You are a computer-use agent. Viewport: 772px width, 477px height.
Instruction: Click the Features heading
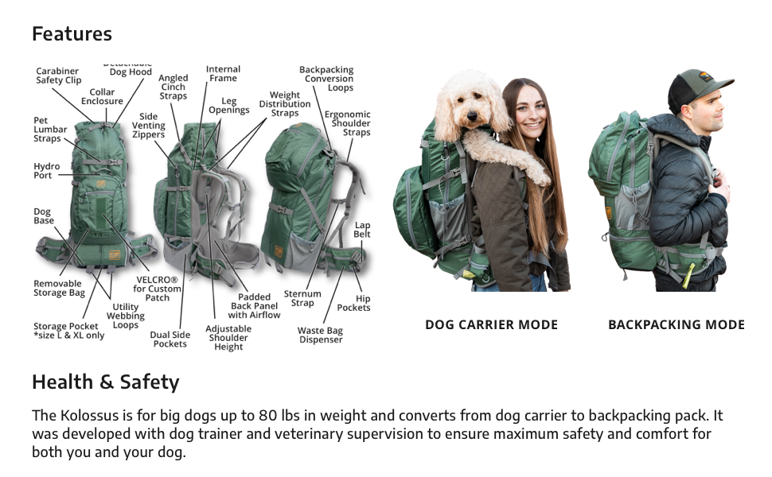pyautogui.click(x=72, y=34)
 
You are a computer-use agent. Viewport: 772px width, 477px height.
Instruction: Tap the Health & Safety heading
pyautogui.click(x=106, y=382)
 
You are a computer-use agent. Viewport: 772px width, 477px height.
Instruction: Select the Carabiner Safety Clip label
pyautogui.click(x=58, y=76)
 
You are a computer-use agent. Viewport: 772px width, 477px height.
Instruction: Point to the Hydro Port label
pyautogui.click(x=47, y=171)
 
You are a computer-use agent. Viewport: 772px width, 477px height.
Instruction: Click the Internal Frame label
pyautogui.click(x=223, y=74)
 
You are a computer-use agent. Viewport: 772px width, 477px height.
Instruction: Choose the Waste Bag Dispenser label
pyautogui.click(x=320, y=335)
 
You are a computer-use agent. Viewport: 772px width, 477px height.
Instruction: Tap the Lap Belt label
pyautogui.click(x=362, y=230)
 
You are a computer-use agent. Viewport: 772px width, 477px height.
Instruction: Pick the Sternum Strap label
pyautogui.click(x=302, y=298)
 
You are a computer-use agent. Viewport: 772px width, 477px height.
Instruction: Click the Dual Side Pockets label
pyautogui.click(x=170, y=339)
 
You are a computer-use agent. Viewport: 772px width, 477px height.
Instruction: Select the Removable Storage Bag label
pyautogui.click(x=59, y=288)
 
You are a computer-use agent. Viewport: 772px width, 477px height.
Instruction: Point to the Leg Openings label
pyautogui.click(x=229, y=106)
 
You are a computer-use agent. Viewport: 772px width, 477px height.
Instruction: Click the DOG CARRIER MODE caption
pyautogui.click(x=491, y=325)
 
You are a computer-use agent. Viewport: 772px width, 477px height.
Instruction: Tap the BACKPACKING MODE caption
pyautogui.click(x=676, y=325)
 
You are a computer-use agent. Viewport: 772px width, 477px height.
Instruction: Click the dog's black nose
pyautogui.click(x=472, y=116)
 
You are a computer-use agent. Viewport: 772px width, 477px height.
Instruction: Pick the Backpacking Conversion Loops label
pyautogui.click(x=326, y=79)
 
